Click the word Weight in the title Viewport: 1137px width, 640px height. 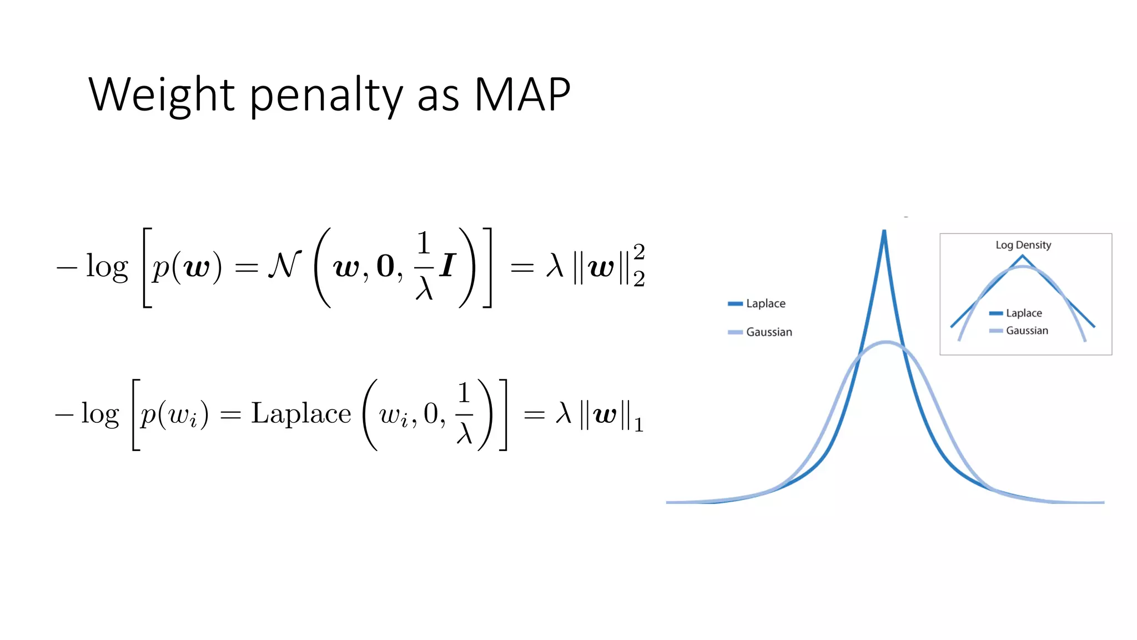tap(162, 96)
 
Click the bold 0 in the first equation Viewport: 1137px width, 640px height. tap(385, 267)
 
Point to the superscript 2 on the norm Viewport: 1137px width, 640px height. tap(639, 252)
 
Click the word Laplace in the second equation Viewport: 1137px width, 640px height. tap(301, 414)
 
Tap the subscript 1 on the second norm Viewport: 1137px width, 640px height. tap(638, 426)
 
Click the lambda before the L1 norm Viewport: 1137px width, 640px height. tap(564, 414)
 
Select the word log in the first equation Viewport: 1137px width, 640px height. tap(107, 268)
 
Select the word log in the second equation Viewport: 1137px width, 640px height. tap(100, 415)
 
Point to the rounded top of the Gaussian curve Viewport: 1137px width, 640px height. tap(886, 343)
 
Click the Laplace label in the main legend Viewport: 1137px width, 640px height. tap(766, 303)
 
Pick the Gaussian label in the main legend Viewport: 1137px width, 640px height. tap(769, 332)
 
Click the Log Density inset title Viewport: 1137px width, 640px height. tap(1023, 245)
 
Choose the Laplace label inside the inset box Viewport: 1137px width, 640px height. tap(1024, 313)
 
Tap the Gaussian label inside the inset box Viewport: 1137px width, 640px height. tap(1027, 331)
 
